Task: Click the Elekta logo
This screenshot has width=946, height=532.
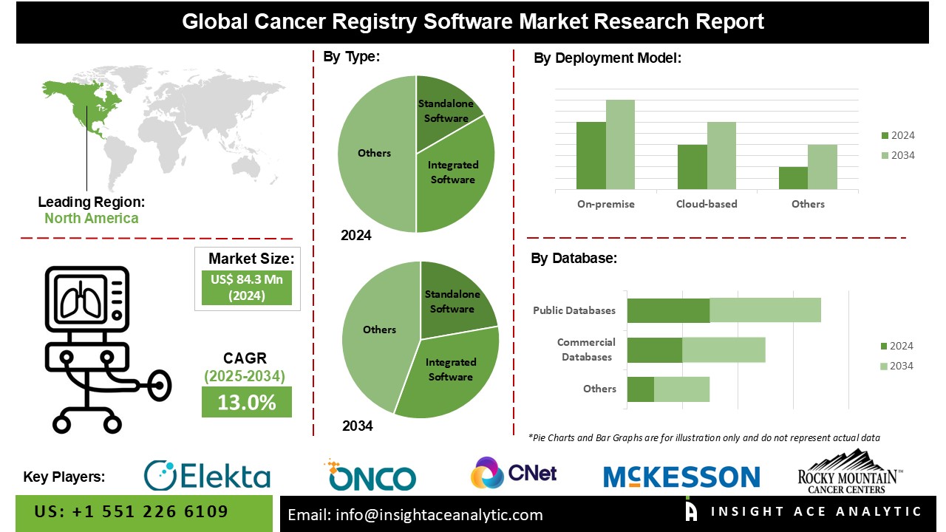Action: pos(207,475)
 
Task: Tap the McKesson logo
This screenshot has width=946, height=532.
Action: pos(681,477)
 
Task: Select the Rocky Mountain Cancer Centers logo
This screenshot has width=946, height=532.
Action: pos(850,473)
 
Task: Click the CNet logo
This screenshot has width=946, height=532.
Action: pos(514,473)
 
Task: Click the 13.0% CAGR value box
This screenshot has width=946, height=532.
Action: pos(246,403)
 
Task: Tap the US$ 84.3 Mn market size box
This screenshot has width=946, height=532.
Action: pos(246,287)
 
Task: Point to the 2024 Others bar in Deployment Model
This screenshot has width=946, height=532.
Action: pos(793,178)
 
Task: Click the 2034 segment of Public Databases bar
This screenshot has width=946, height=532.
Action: pos(765,310)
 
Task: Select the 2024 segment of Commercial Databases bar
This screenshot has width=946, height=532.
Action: pos(654,349)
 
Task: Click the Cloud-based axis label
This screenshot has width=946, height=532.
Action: pos(706,204)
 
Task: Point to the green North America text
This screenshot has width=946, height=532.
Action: pos(91,218)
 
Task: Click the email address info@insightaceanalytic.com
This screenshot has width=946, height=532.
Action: pos(415,515)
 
